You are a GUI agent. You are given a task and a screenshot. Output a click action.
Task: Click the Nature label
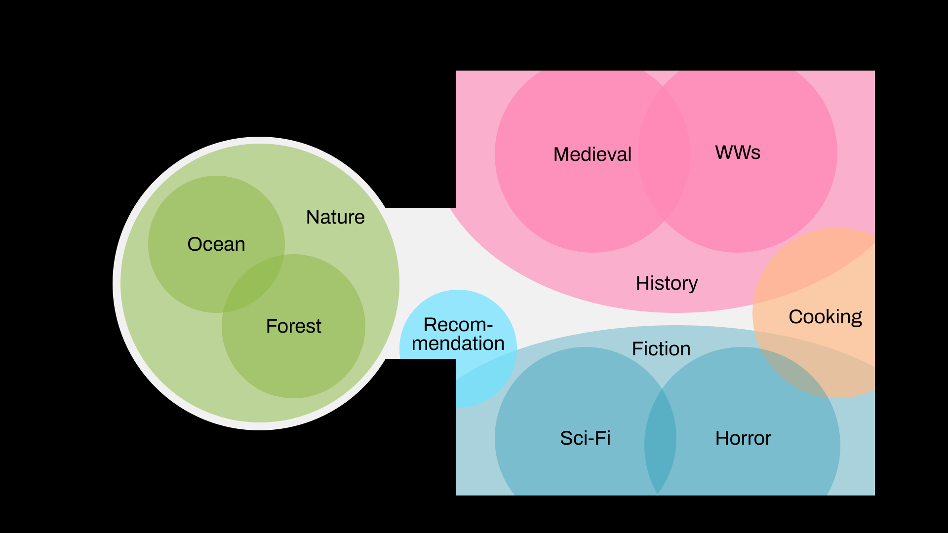pos(335,217)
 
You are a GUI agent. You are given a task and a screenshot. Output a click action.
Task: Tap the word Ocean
pos(216,244)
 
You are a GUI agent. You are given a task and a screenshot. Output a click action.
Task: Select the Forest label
pos(293,326)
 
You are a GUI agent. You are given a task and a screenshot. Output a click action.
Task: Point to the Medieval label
pos(592,154)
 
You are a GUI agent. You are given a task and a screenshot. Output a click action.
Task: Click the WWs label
pos(738,152)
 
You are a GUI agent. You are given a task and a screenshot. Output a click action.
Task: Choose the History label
pos(667,283)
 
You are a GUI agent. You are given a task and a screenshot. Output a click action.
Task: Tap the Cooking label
pos(825,317)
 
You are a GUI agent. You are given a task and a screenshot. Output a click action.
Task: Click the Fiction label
pos(661,349)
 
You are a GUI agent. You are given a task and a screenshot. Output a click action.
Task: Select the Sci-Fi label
pos(585,438)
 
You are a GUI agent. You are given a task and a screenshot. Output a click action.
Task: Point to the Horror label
pos(743,438)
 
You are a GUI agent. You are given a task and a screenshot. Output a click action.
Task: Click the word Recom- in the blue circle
pos(458,325)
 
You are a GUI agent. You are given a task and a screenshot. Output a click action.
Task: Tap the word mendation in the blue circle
pos(458,343)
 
